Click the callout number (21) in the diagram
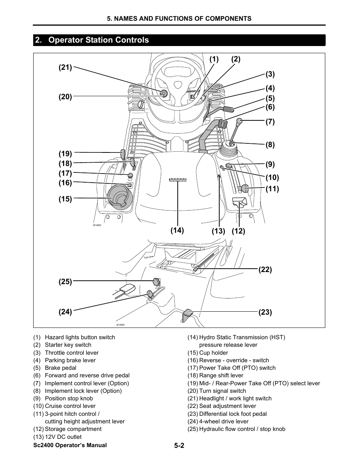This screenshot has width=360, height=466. coord(65,68)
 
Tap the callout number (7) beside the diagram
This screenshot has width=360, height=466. coord(270,121)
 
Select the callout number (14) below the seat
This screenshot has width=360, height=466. coord(177,230)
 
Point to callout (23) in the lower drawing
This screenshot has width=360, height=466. coord(265,312)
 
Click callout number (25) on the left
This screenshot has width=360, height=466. coord(65,281)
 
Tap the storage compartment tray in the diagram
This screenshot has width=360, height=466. coord(239,202)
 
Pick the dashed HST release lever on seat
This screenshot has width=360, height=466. coord(177,180)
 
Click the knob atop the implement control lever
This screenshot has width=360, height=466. coord(239,121)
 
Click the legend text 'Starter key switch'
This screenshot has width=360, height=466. coord(68,345)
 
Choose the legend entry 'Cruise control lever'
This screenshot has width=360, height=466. coord(70,406)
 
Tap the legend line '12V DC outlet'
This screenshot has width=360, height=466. coord(63,437)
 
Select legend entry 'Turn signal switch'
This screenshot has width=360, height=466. coord(222,391)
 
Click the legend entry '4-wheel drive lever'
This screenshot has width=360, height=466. coord(224,421)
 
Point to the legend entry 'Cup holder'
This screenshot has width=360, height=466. coord(214,353)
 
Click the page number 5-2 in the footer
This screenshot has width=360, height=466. coord(179,446)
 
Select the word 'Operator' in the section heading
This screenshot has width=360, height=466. coord(65,40)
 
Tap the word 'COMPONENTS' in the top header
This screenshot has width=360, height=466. coord(231,18)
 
